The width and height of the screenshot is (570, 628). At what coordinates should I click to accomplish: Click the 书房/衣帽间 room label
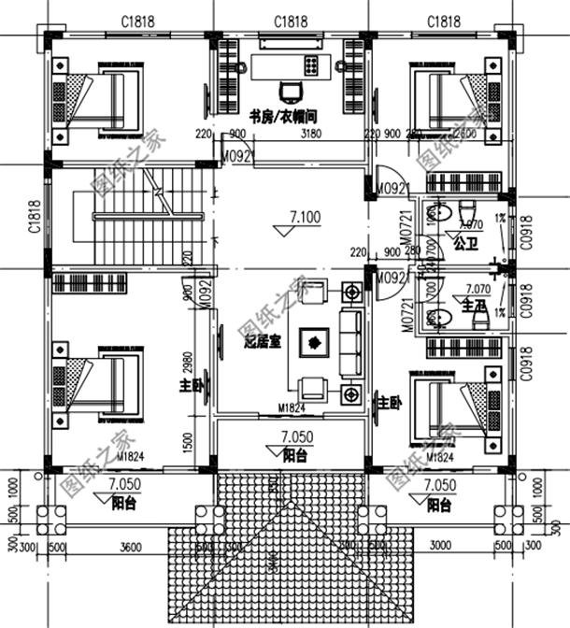pyautogui.click(x=281, y=117)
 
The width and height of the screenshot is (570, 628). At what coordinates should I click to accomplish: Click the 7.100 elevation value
pyautogui.click(x=305, y=218)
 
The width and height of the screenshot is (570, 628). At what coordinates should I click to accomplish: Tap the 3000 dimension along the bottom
pyautogui.click(x=439, y=546)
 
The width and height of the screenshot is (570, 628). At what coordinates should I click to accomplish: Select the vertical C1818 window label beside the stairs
pyautogui.click(x=34, y=217)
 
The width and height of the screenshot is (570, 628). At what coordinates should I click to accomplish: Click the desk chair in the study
pyautogui.click(x=291, y=91)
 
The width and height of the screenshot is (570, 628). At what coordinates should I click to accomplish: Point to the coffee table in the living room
pyautogui.click(x=314, y=340)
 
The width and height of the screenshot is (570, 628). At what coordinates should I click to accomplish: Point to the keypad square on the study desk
pyautogui.click(x=310, y=64)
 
